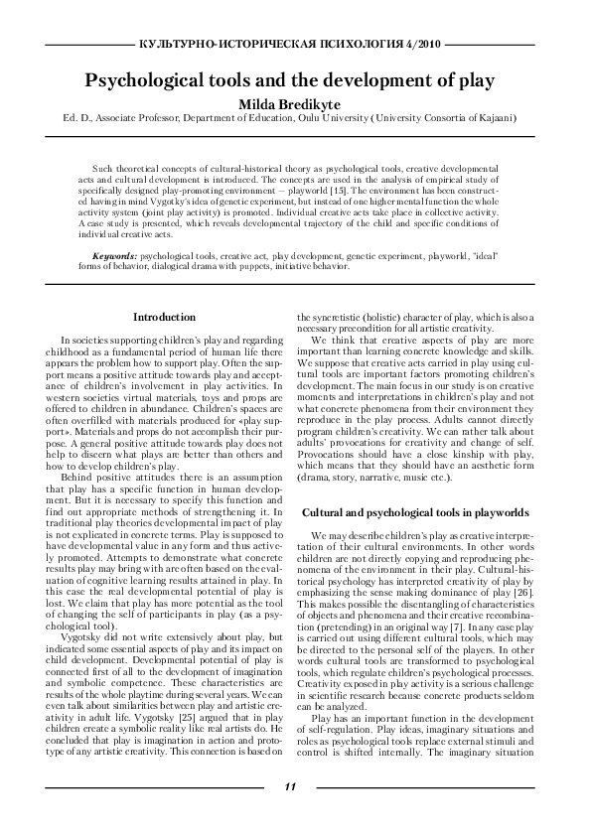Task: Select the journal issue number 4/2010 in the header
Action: click(x=422, y=46)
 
